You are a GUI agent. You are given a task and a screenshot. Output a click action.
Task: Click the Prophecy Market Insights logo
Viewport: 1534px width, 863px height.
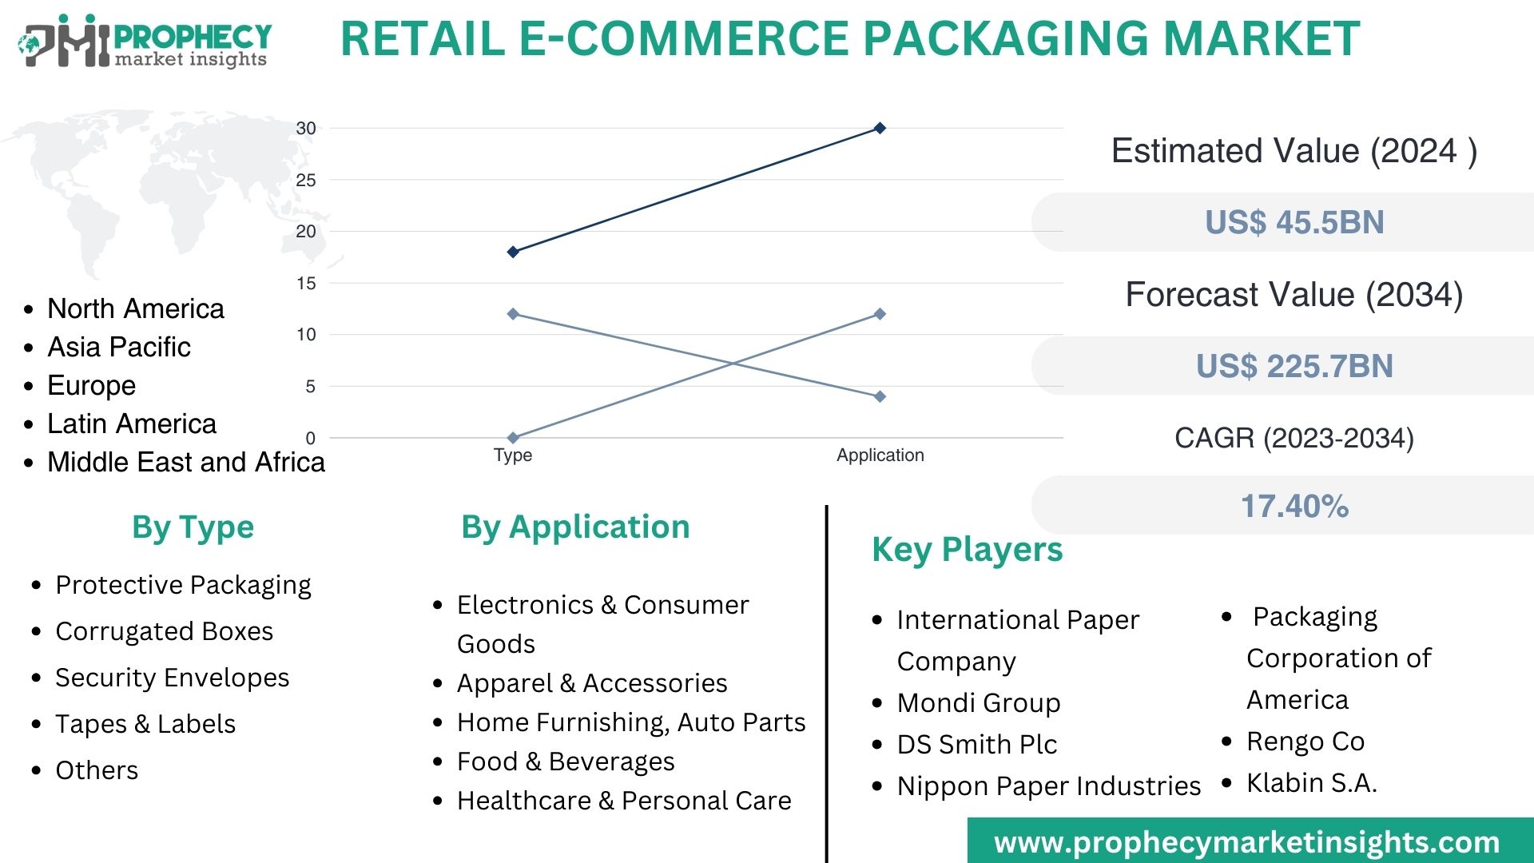click(x=144, y=42)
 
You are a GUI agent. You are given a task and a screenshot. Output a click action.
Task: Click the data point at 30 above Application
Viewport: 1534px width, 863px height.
click(x=880, y=128)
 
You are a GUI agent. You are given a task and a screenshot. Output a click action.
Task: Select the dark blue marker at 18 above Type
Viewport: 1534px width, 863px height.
click(x=513, y=252)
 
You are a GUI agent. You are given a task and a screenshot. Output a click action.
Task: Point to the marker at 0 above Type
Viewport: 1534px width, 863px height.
click(x=513, y=438)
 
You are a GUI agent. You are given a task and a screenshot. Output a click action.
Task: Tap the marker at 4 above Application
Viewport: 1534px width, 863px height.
click(x=880, y=396)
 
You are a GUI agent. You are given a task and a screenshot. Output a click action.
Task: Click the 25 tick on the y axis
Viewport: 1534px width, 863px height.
click(x=306, y=180)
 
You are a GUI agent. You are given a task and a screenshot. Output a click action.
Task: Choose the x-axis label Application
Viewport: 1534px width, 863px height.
click(x=880, y=455)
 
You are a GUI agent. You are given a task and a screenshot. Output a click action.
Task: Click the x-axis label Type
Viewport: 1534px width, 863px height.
click(x=513, y=455)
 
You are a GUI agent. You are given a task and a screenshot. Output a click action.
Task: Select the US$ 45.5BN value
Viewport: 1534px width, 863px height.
click(x=1294, y=222)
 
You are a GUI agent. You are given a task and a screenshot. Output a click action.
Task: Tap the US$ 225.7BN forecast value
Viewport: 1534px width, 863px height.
click(x=1294, y=366)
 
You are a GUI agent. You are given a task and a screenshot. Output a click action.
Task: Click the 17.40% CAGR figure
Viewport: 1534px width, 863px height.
click(x=1294, y=506)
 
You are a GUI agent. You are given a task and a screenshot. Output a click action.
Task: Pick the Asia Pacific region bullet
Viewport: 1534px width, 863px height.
click(x=119, y=347)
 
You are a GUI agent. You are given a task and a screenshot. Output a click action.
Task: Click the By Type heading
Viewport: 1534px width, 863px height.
click(x=193, y=527)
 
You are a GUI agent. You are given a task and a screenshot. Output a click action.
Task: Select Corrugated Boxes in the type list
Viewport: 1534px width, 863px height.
click(x=164, y=631)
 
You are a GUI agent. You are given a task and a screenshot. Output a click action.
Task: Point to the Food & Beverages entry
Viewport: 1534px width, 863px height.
click(x=566, y=762)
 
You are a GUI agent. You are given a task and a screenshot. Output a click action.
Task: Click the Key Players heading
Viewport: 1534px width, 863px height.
click(x=967, y=550)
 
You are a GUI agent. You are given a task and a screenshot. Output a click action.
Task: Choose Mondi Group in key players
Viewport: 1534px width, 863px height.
click(x=979, y=703)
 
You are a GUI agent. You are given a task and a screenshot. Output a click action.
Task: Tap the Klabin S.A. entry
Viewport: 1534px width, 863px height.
click(x=1312, y=783)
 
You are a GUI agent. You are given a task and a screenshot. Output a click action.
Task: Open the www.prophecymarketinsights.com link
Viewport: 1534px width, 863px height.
click(x=1246, y=842)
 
